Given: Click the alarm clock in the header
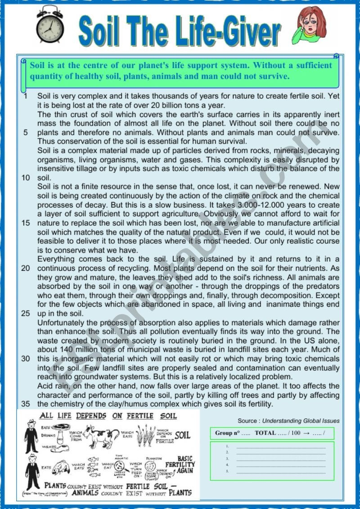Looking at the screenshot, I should pos(49,25).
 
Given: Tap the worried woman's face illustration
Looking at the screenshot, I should pos(310,24).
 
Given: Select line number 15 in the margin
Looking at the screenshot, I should pos(25,223).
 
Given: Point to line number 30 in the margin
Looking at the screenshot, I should pos(25,359).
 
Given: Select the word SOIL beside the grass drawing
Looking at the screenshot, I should pos(182,435).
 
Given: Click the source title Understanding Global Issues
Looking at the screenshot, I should pos(301,421).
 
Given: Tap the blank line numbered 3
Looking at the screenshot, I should pos(281,458).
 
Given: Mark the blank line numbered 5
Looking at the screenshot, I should pos(281,472).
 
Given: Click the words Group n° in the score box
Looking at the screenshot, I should pos(227,433).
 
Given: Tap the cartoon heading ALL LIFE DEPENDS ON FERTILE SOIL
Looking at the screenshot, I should pos(108,416).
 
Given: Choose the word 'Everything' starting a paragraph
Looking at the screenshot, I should pos(57,259).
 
